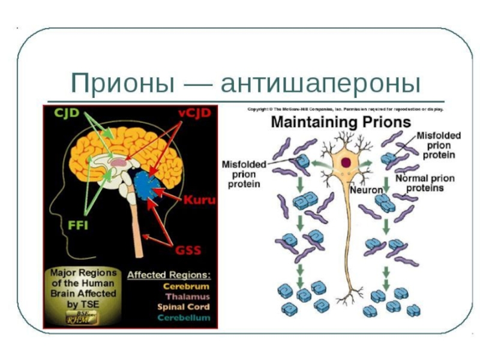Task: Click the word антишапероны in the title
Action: pos(320,83)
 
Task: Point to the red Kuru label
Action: pos(200,199)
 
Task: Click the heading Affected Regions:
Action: pos(169,275)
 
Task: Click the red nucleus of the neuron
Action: pos(347,162)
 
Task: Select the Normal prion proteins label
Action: pos(425,183)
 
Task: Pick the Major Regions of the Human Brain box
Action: pos(83,294)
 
